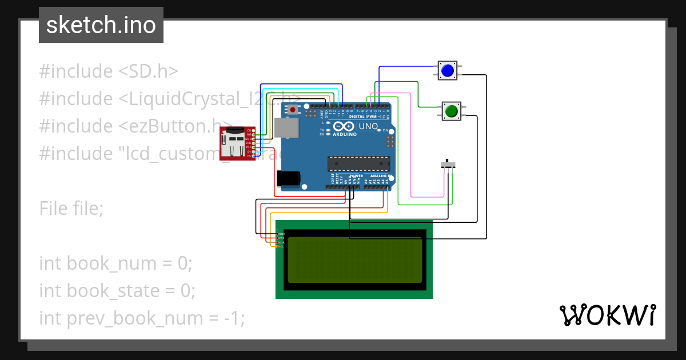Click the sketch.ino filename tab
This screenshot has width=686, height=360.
pos(101,25)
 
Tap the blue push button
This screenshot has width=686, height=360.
pos(447,70)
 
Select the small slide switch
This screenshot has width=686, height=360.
pos(450,165)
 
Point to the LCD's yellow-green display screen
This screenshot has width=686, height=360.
pos(354,260)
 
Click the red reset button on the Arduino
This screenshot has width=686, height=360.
pos(293,109)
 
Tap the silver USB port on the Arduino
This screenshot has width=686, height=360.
pos(286,128)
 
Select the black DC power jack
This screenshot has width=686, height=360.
pos(288,179)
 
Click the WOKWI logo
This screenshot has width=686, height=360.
pos(607,315)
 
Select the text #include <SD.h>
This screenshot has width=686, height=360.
pos(109,71)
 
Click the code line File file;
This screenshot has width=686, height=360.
pos(71,209)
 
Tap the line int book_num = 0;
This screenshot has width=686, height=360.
pos(116,263)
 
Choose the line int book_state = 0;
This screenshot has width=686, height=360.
pos(117,291)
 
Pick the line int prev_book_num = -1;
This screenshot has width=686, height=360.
pos(142,318)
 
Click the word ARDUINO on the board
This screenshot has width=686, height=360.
pos(345,134)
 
